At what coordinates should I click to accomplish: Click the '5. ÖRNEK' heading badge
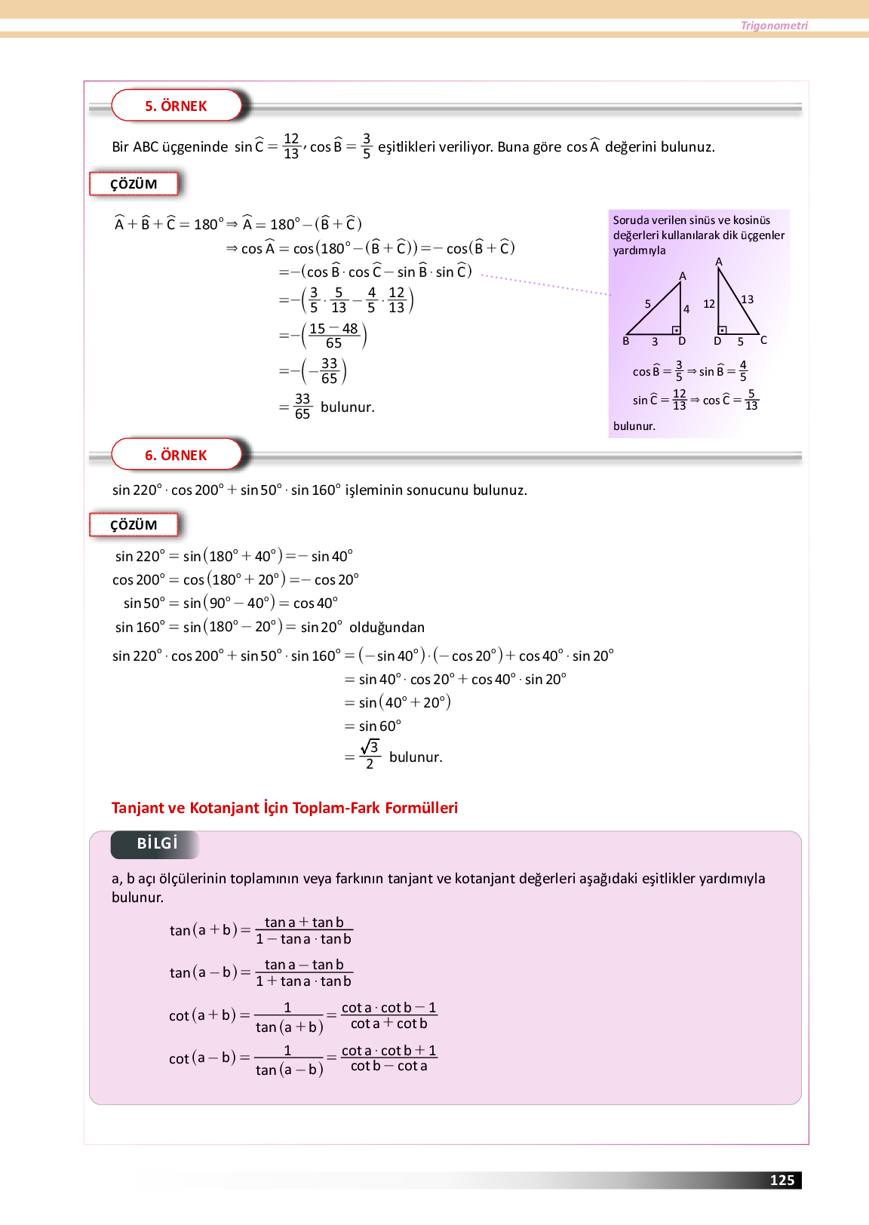(x=176, y=106)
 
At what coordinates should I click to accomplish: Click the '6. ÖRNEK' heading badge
(x=176, y=455)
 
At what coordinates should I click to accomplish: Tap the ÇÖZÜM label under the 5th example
(x=134, y=184)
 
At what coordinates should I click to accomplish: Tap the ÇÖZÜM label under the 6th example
(x=134, y=525)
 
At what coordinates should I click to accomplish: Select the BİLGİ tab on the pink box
(x=156, y=844)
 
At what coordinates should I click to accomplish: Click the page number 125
(x=781, y=1180)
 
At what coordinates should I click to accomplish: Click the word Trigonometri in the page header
(x=774, y=26)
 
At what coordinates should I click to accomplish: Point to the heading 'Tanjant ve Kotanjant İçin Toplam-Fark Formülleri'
(x=284, y=808)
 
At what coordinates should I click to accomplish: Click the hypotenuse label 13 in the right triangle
(x=747, y=299)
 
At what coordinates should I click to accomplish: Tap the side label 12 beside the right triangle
(x=709, y=304)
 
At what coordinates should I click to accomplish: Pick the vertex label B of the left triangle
(x=626, y=342)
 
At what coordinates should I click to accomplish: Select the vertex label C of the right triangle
(x=763, y=340)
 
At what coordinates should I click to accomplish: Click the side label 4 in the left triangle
(x=686, y=309)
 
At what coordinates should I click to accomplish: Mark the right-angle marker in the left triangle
(x=677, y=330)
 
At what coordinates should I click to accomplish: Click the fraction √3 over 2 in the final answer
(x=370, y=755)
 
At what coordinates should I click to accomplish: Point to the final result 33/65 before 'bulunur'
(x=302, y=407)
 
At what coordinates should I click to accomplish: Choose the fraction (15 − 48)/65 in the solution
(x=333, y=336)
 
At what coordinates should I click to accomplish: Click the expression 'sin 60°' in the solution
(x=379, y=726)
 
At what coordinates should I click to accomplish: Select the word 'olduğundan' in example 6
(x=387, y=628)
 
